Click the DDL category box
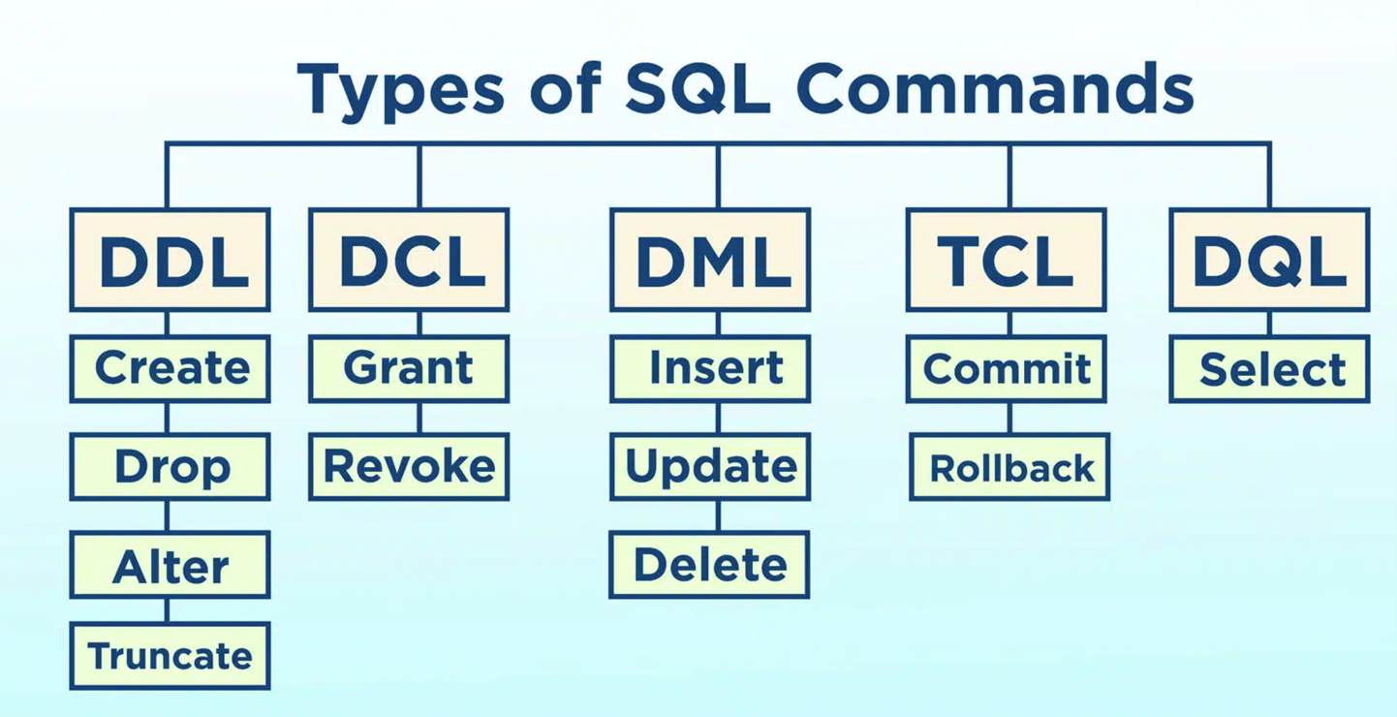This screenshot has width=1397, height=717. click(x=170, y=260)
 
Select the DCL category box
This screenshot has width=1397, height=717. click(x=409, y=260)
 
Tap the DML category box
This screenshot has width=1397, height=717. click(x=710, y=260)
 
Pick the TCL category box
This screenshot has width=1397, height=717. click(x=1007, y=260)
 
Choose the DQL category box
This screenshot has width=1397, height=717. click(x=1270, y=260)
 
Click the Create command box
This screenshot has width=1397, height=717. click(x=170, y=368)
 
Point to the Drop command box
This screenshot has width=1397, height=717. click(x=170, y=466)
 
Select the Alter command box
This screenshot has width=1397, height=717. click(x=170, y=565)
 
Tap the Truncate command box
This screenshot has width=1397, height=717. click(x=170, y=656)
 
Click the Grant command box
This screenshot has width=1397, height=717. click(x=409, y=368)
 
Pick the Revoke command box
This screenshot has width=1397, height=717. click(x=409, y=466)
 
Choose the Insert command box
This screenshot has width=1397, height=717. click(x=710, y=368)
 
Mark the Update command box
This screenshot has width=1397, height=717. click(x=710, y=466)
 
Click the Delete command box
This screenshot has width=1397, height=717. click(x=709, y=565)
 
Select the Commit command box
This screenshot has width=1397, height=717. click(x=1007, y=368)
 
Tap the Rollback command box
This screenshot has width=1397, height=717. click(x=1009, y=466)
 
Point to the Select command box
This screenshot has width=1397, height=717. click(x=1270, y=368)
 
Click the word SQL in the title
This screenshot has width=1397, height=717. click(x=697, y=88)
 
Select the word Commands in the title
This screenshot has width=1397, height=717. click(x=995, y=88)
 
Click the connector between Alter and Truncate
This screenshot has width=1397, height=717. click(x=168, y=610)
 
